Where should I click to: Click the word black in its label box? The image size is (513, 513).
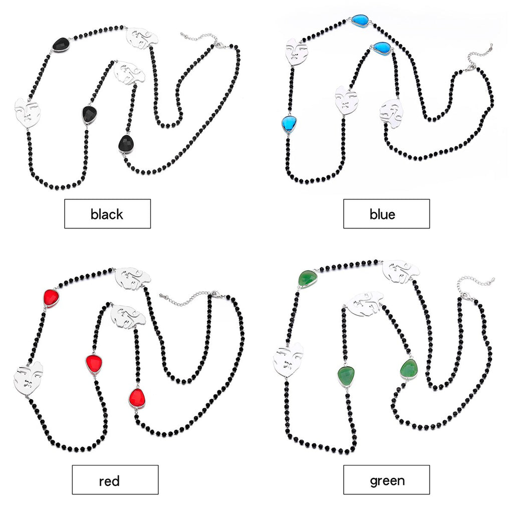(x=107, y=214)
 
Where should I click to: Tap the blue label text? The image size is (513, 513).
(x=382, y=214)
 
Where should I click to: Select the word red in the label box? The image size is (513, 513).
(x=109, y=481)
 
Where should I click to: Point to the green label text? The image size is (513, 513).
(x=387, y=481)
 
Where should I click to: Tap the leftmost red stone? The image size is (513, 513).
(x=51, y=298)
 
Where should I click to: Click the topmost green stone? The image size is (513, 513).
(x=308, y=278)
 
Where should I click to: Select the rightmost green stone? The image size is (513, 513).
(x=410, y=368)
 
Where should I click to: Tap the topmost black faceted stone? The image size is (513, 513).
(x=62, y=45)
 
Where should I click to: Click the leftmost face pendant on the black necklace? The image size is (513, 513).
(x=26, y=113)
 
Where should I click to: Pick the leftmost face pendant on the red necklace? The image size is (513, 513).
(x=28, y=378)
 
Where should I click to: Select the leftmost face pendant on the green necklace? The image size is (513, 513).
(x=288, y=359)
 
